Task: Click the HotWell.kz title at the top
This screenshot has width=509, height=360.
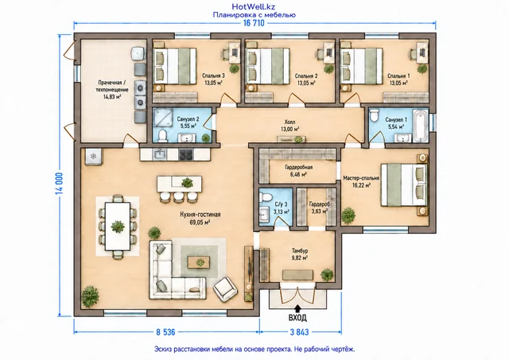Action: coord(254,6)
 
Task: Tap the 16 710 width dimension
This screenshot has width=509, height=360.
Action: coord(254,23)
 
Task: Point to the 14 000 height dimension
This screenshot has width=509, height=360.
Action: coord(60,184)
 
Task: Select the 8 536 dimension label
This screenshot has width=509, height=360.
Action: coord(165,332)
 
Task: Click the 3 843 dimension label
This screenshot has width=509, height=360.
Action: coord(299,332)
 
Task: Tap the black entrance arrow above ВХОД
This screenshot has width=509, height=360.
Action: coord(297,308)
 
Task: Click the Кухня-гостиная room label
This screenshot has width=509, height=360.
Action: coord(200,218)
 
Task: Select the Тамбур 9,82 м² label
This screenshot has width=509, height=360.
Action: coord(300,254)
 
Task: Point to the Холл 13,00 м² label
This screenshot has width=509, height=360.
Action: coord(289,126)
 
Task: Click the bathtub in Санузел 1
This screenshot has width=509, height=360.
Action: coord(421,126)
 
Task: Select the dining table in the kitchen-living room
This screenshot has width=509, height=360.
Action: coord(118,226)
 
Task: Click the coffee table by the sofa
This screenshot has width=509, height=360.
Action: coord(199,261)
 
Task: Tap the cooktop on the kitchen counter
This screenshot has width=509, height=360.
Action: coord(186,154)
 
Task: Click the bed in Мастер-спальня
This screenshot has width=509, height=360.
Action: coord(404,184)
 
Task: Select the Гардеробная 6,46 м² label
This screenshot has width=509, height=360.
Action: coord(299,171)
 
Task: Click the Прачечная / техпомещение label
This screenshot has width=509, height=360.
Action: coord(112,90)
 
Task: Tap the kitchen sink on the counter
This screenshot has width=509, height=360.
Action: coord(160,154)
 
